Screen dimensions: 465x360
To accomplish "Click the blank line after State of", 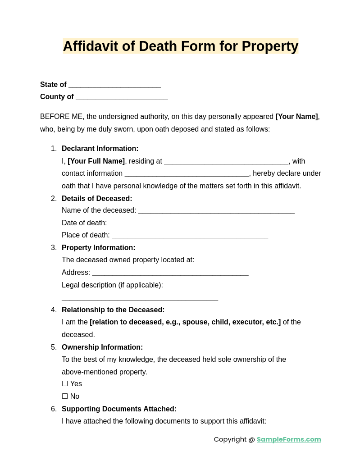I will coord(114,86).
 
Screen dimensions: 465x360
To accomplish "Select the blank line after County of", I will coord(122,98).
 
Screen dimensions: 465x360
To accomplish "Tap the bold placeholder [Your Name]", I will coord(296,117).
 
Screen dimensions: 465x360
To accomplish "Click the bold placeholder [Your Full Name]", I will coord(96,161).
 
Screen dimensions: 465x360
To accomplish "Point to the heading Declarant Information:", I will coord(100,149).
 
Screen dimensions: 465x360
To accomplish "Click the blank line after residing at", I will coord(226,162).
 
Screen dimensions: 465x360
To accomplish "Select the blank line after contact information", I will coord(187,174).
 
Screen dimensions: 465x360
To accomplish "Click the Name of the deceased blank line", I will coord(216,211).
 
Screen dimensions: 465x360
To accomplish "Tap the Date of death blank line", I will coord(187,224).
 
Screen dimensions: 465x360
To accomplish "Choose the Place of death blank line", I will coord(190,236).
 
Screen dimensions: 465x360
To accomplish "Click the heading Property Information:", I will coord(98,248).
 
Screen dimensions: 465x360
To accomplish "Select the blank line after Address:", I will coord(170,274).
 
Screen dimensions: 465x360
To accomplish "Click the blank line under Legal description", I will coord(140,298).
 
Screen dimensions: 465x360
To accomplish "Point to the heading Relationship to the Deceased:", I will coord(113,310).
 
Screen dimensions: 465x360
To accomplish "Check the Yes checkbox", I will coord(65,384).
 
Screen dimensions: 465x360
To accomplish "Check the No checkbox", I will coord(65,397).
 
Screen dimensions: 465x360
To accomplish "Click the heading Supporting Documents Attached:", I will coord(119,409).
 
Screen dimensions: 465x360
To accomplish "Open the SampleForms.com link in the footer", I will coord(289,439).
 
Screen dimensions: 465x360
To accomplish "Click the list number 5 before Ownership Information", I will coord(54,347).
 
